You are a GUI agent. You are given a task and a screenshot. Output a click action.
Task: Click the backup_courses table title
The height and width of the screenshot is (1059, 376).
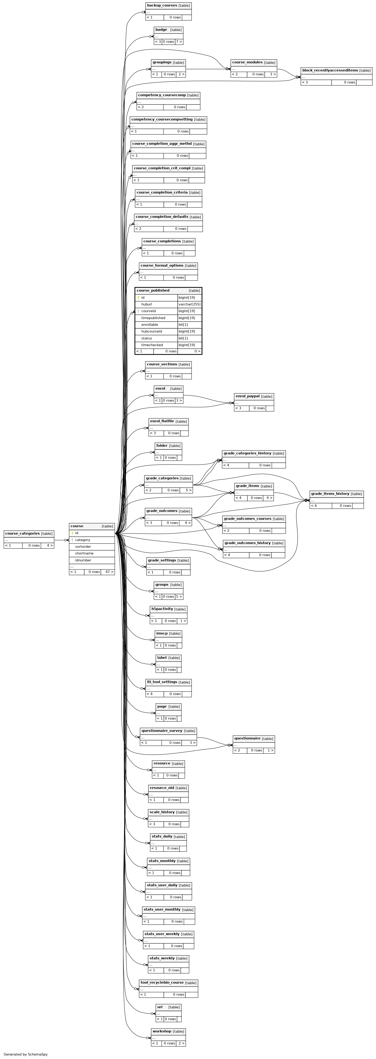[162, 5]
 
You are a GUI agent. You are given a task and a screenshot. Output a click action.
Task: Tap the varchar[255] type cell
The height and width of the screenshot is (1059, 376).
[190, 304]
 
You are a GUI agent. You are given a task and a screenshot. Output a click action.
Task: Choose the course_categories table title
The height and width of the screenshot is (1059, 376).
[23, 534]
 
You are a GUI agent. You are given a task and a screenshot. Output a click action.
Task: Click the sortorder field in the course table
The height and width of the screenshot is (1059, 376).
[83, 547]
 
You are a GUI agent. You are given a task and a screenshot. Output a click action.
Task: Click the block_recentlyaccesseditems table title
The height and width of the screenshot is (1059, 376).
[330, 70]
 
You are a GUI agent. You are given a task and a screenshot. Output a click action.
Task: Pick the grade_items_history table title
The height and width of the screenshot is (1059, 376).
[330, 494]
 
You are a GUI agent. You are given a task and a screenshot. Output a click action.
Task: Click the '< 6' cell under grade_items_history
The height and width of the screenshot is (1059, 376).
[314, 506]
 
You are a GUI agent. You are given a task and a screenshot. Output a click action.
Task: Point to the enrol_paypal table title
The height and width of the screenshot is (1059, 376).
[248, 396]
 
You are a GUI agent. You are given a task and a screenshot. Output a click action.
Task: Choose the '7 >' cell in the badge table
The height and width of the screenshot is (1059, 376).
[179, 42]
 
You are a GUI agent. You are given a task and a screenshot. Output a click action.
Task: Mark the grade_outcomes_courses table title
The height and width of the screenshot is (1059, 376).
[248, 519]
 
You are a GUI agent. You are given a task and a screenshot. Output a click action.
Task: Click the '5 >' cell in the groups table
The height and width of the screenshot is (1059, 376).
[179, 597]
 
